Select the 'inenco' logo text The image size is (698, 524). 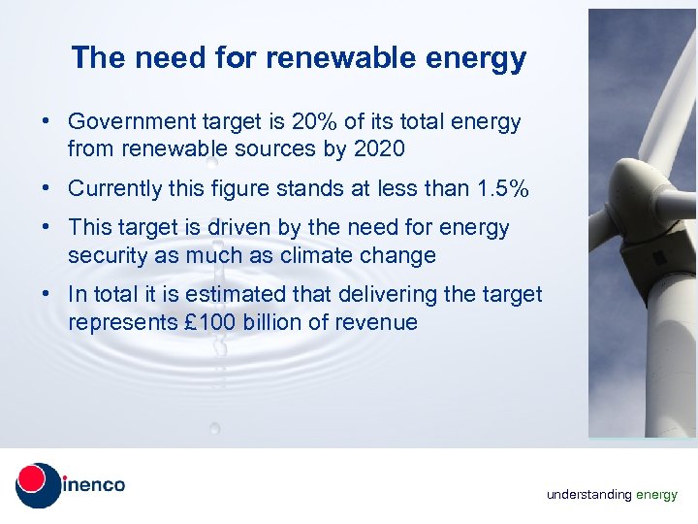pyautogui.click(x=94, y=484)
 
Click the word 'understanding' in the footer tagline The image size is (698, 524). pyautogui.click(x=588, y=495)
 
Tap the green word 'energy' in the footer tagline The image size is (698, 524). pyautogui.click(x=657, y=495)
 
